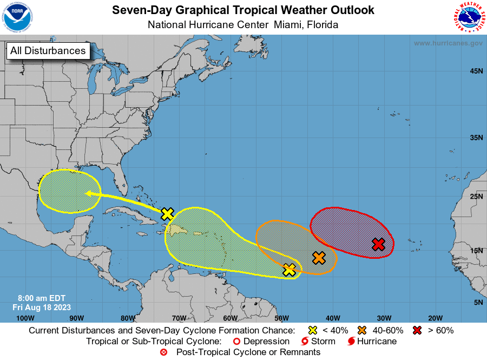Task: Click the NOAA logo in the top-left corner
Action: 17,17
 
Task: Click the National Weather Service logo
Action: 469,17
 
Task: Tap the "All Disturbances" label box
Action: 48,51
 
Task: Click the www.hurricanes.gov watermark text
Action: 448,43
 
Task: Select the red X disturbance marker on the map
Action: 379,244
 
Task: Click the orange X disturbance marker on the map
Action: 319,258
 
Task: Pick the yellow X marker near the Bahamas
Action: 168,214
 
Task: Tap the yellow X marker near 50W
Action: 289,270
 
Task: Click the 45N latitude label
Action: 476,71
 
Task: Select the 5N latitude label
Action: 478,302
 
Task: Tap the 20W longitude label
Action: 435,318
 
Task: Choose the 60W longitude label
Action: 230,318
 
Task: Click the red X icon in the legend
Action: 417,330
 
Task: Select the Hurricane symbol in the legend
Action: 352,341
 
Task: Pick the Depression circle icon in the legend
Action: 235,342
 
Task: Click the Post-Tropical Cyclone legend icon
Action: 163,352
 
